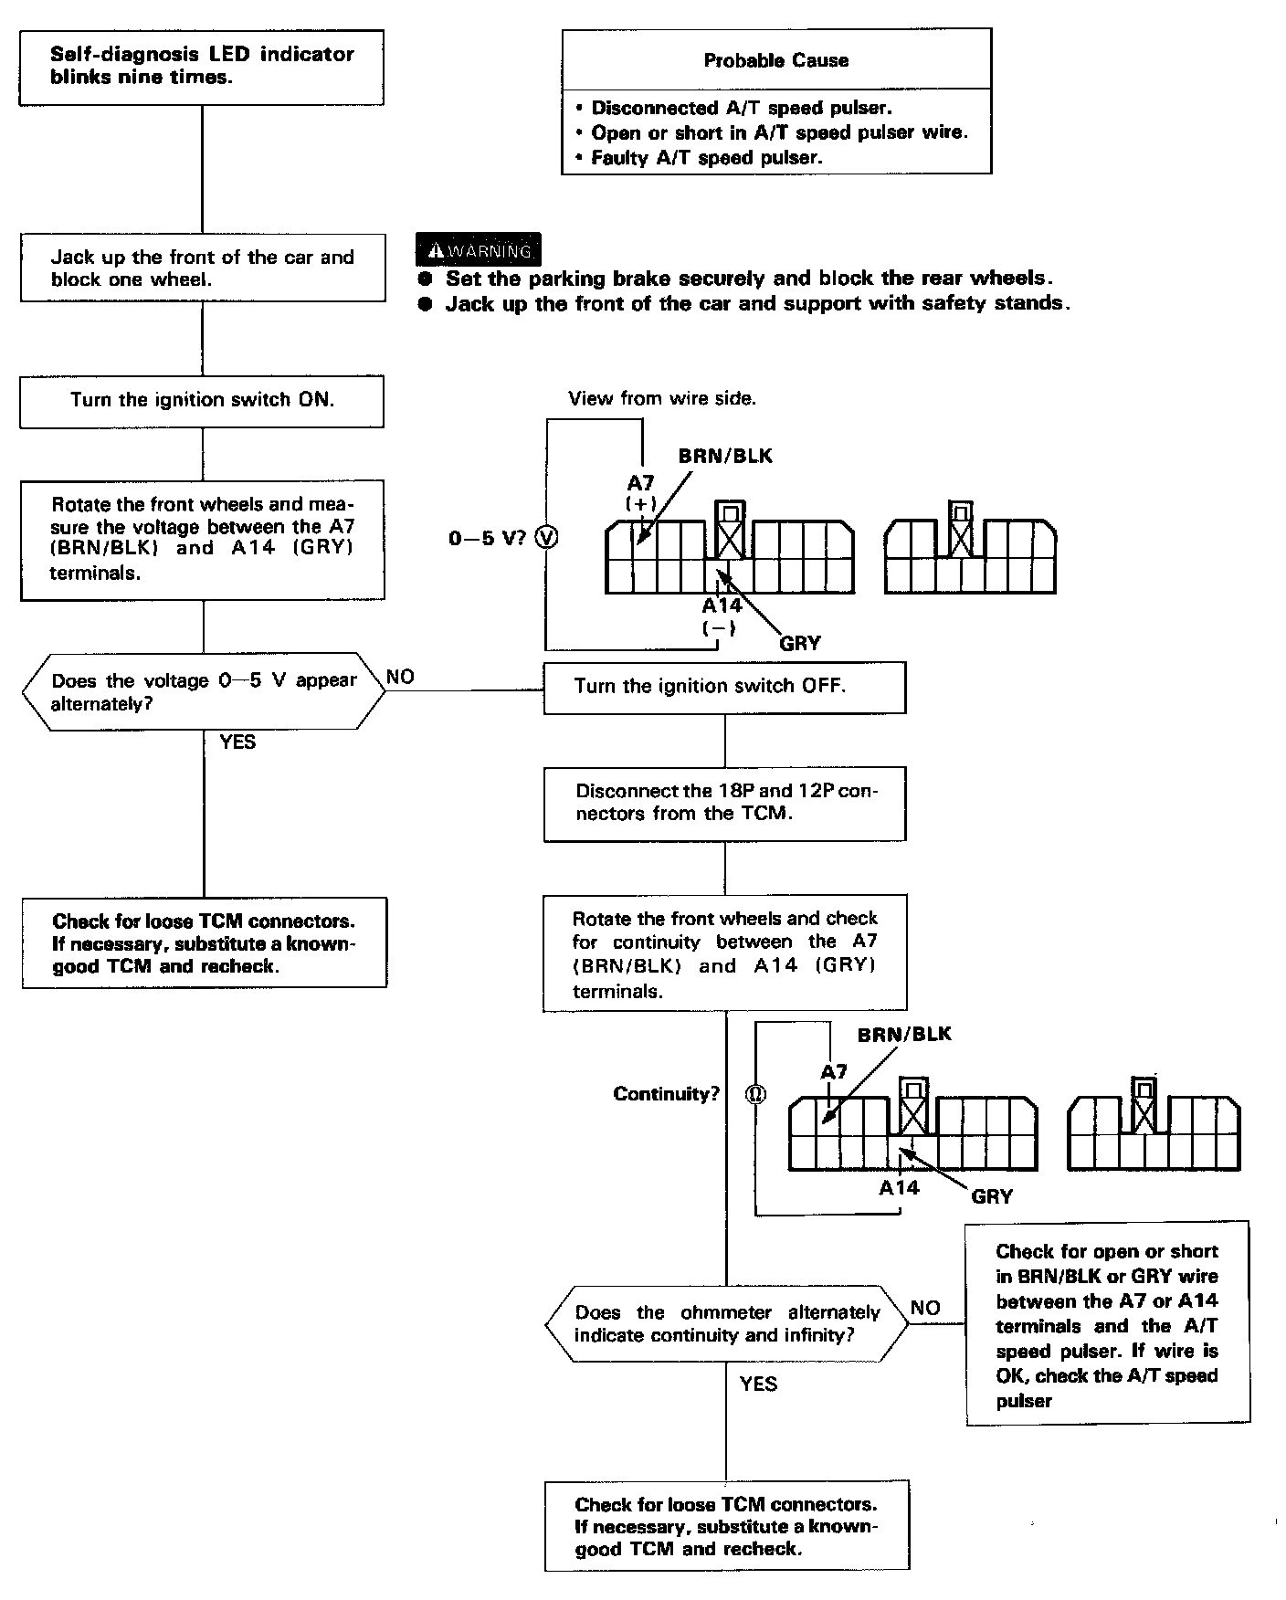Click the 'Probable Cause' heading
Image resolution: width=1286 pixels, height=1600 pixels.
(x=775, y=60)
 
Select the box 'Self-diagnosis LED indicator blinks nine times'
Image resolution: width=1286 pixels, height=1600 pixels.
(x=202, y=66)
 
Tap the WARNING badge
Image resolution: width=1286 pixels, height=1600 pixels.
(x=478, y=250)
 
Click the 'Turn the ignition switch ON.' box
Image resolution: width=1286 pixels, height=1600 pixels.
(x=202, y=400)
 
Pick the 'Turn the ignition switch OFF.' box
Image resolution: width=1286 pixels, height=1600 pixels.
(x=724, y=687)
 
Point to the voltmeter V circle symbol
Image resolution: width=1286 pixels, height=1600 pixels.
(x=545, y=538)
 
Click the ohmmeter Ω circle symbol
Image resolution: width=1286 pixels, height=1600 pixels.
(x=755, y=1094)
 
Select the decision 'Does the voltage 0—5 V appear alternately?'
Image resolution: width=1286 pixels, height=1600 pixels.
(x=203, y=691)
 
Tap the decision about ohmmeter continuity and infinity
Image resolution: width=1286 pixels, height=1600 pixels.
(x=726, y=1324)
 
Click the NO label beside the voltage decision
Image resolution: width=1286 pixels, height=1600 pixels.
(x=400, y=677)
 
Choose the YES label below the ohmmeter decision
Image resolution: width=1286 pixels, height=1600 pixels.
(x=758, y=1384)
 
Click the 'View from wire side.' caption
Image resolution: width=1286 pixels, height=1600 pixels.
(x=662, y=398)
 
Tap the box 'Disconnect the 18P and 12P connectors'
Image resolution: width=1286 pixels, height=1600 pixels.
(x=725, y=803)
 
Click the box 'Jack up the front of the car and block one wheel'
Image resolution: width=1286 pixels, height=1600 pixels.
(x=202, y=268)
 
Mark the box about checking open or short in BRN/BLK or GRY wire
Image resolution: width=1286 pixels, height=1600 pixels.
(x=1107, y=1325)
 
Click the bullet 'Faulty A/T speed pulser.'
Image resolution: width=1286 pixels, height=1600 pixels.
(x=706, y=157)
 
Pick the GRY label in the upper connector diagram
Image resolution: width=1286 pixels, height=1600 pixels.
(x=800, y=643)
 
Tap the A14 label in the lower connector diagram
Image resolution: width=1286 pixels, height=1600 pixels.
(x=899, y=1188)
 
